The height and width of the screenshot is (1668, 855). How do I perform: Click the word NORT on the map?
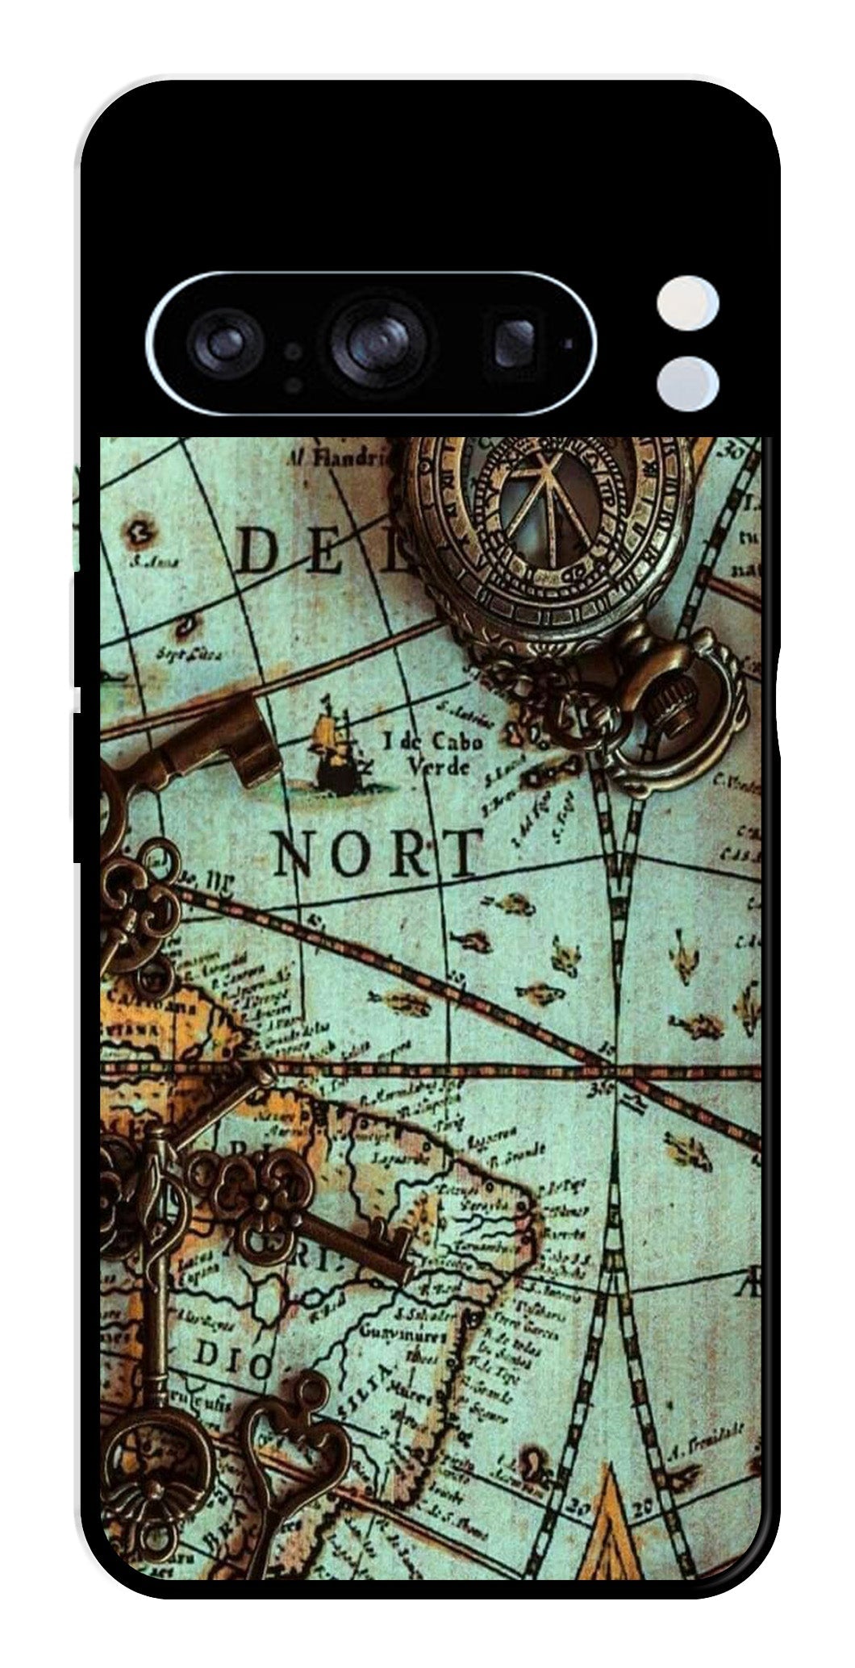(x=377, y=853)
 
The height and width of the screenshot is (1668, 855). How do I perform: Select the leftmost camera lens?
(x=221, y=342)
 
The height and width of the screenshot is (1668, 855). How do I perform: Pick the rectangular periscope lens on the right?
(x=514, y=342)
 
